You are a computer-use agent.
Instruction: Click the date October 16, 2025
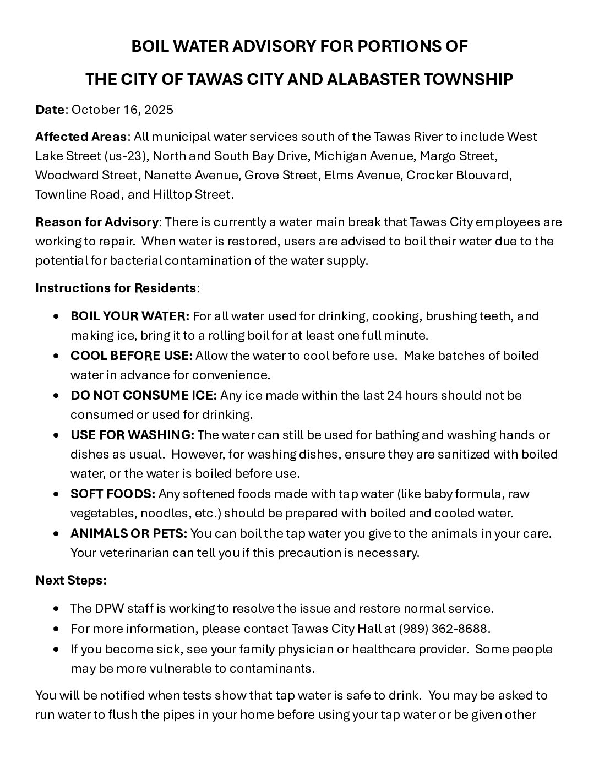(x=122, y=110)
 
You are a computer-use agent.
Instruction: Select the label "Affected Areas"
(x=81, y=136)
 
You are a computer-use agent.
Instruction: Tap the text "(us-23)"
(x=127, y=156)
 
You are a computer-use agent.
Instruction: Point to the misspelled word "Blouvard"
(x=486, y=176)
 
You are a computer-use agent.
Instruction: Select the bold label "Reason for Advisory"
(x=97, y=222)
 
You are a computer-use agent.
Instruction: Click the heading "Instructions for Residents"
(x=116, y=288)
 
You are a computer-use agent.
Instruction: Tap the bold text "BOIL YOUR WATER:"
(x=130, y=316)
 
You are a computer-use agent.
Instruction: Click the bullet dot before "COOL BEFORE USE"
(x=57, y=356)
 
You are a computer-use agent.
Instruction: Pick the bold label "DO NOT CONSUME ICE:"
(x=144, y=395)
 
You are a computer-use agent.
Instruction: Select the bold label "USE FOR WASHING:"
(x=132, y=435)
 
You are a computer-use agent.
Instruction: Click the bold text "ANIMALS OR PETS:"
(x=129, y=533)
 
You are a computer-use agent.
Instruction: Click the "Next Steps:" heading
(x=71, y=580)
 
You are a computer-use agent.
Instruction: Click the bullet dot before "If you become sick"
(x=57, y=649)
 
